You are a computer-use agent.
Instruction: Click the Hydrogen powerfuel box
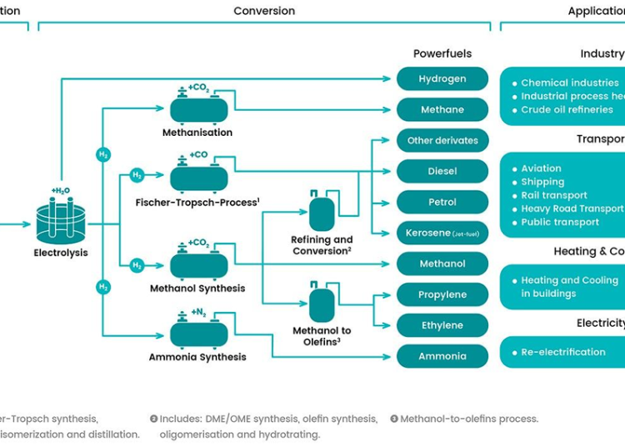tap(442, 79)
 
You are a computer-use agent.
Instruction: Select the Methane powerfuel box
tap(442, 110)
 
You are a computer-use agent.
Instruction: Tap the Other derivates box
tap(442, 140)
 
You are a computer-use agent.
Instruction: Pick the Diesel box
tap(442, 171)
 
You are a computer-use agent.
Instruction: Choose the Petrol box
tap(442, 202)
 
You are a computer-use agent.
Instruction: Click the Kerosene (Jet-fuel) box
tap(442, 233)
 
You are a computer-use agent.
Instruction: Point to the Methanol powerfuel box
tap(442, 264)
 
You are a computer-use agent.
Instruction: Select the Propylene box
tap(442, 294)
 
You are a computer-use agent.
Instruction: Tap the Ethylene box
tap(442, 325)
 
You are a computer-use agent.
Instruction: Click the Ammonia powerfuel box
tap(442, 356)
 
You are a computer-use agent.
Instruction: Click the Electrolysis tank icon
tap(60, 218)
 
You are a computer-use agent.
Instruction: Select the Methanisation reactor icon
tap(198, 109)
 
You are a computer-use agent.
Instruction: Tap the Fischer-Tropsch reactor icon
tap(198, 178)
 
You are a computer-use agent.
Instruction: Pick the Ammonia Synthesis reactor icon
tap(198, 334)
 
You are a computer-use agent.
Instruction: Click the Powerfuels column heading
tap(442, 53)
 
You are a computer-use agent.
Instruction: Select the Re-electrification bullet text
tap(563, 352)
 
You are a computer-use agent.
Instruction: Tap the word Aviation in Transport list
tap(541, 168)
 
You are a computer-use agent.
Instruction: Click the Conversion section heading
tap(264, 11)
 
